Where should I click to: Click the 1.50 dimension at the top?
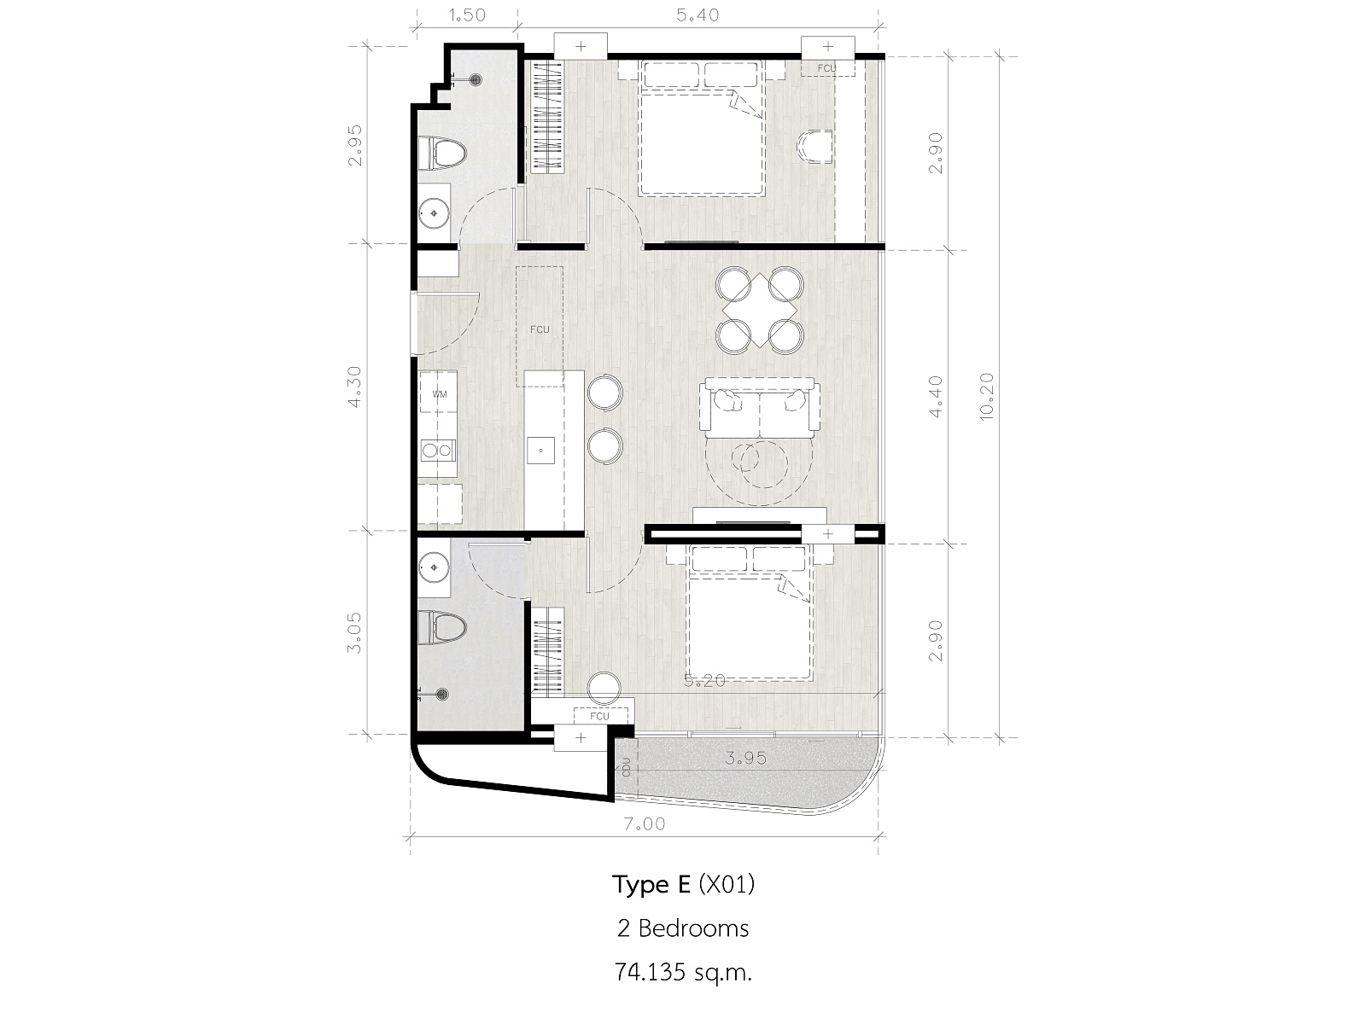click(x=466, y=15)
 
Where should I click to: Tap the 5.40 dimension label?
click(x=698, y=15)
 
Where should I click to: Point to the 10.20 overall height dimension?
click(x=986, y=397)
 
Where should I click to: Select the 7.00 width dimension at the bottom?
click(x=645, y=824)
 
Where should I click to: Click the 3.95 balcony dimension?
click(x=745, y=758)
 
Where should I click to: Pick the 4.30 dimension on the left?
click(x=354, y=387)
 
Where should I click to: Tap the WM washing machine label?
click(x=440, y=393)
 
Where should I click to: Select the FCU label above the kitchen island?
click(x=540, y=329)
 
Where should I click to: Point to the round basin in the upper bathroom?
click(x=434, y=213)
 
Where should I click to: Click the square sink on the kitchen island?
click(x=540, y=451)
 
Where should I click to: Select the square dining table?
click(x=760, y=311)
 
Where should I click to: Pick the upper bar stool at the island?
click(x=604, y=393)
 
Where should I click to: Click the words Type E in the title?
click(x=651, y=883)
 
